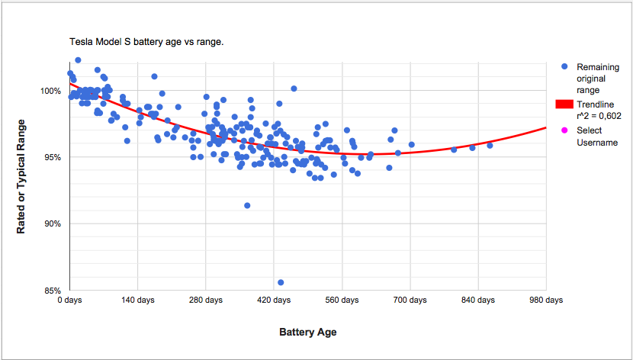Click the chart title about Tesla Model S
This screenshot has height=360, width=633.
click(x=146, y=42)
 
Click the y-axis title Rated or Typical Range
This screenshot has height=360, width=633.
click(x=21, y=175)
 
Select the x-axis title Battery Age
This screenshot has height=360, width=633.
click(x=307, y=333)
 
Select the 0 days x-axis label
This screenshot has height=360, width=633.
click(x=69, y=301)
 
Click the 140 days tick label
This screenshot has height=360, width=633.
click(x=137, y=301)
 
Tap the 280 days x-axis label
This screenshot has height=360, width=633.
click(x=205, y=301)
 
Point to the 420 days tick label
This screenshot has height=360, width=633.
click(x=274, y=301)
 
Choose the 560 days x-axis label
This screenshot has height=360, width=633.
click(x=342, y=301)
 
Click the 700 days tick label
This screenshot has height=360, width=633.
click(x=410, y=301)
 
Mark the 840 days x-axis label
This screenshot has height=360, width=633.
click(x=477, y=301)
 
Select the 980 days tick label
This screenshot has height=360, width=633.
click(x=546, y=301)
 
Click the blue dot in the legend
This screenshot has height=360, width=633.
click(x=564, y=67)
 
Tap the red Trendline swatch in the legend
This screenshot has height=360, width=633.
click(x=564, y=104)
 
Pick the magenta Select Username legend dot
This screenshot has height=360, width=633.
click(x=564, y=130)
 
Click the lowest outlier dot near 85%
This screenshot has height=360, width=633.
click(x=281, y=282)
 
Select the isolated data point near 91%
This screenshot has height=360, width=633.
click(x=247, y=205)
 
